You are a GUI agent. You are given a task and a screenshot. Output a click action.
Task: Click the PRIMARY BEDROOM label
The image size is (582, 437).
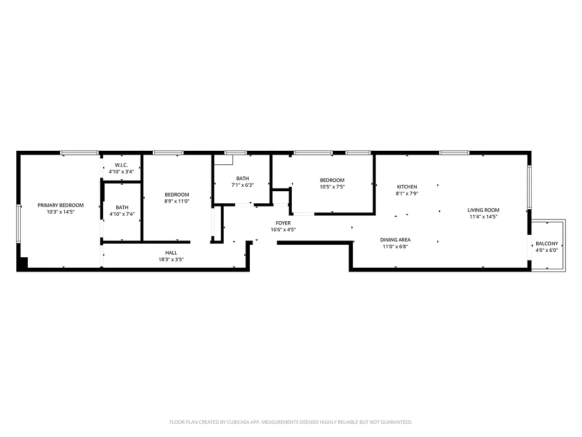pos(61,205)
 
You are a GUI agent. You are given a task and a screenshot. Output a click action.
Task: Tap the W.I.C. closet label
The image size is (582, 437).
pos(121,165)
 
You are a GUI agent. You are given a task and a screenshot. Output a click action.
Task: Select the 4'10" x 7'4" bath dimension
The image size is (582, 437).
pos(122,214)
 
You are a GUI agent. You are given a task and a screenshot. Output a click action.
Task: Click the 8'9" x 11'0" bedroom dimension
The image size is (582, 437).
pos(177,201)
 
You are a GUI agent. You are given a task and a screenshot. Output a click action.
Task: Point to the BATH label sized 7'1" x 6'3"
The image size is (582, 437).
pos(242,178)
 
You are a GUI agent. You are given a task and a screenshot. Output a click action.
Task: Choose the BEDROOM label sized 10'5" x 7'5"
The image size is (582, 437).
pos(332,180)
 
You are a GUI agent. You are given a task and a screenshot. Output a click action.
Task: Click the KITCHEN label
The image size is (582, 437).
pos(406,187)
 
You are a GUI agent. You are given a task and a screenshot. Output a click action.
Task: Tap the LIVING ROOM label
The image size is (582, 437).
pos(483,210)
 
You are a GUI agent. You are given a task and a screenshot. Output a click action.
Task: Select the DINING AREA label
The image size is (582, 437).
pos(395,240)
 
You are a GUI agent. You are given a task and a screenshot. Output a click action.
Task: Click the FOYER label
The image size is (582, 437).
pos(283,223)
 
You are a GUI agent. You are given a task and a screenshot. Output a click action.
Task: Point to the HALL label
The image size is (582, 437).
pos(171,252)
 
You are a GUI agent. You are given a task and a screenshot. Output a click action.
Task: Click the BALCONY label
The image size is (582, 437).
pos(547,243)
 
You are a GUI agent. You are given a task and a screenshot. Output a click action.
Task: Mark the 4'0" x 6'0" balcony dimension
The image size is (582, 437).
pos(547,250)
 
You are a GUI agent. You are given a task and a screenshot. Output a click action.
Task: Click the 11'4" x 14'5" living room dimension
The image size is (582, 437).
pos(483,216)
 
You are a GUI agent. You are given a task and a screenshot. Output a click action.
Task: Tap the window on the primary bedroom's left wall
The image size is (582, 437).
pos(19,223)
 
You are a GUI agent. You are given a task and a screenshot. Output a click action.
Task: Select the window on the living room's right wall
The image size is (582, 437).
pos(529,187)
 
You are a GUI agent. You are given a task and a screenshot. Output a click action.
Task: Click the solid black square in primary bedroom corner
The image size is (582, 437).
pos(22,263)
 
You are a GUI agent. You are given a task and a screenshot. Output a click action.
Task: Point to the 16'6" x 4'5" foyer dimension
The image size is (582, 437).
pos(283,229)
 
